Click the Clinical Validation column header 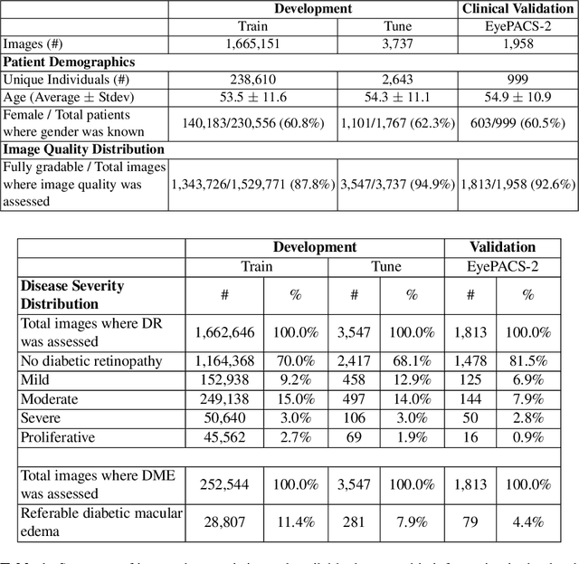tap(517, 9)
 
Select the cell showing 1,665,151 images tap(252, 43)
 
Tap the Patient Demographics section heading tap(69, 62)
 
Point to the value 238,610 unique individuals tap(252, 80)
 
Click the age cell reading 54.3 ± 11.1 tap(397, 97)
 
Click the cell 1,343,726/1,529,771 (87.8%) tap(252, 184)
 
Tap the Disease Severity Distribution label tap(72, 295)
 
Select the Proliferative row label tap(55, 438)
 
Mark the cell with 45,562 tap(224, 438)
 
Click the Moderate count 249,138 tap(224, 399)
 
